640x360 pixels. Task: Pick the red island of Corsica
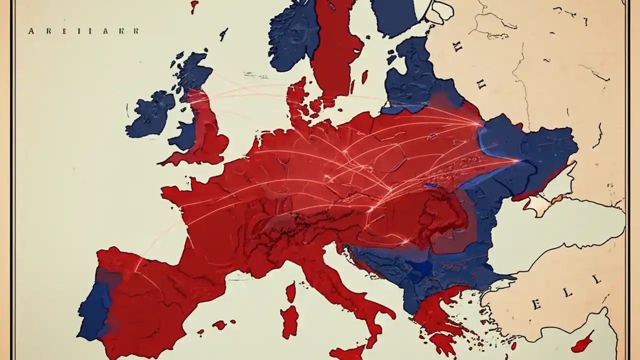[x=290, y=292]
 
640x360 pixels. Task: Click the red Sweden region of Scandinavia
[x=335, y=50]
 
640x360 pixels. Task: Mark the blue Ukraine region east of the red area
[x=530, y=150]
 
